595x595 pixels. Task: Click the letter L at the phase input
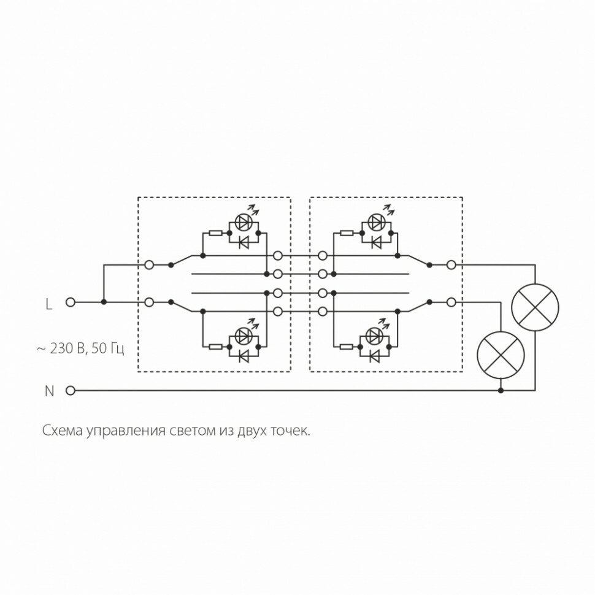pos(49,303)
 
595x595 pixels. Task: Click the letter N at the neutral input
pos(50,391)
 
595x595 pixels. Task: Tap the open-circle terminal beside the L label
pos(71,302)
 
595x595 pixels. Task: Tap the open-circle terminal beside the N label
pos(71,390)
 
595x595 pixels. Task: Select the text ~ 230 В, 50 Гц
pos(80,349)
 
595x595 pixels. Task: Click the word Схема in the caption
pos(63,430)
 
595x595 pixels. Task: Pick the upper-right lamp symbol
pos(535,306)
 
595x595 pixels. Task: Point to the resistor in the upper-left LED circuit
pos(215,233)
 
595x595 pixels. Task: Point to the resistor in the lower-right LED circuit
pos(347,347)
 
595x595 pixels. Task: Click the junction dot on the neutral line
pos(501,390)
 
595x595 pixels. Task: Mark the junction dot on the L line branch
pos(104,302)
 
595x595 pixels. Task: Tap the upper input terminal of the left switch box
pos(149,265)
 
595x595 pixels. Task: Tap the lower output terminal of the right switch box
pos(451,302)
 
